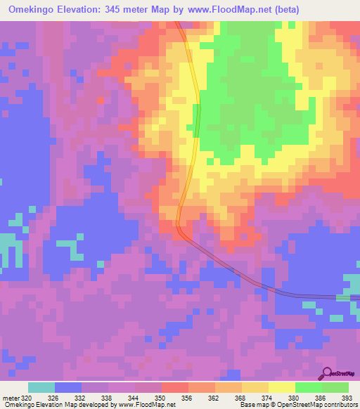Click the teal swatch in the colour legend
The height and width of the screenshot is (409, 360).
[41, 387]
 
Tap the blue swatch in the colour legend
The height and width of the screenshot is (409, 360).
[67, 387]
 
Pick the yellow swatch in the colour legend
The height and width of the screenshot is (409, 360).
[281, 387]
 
